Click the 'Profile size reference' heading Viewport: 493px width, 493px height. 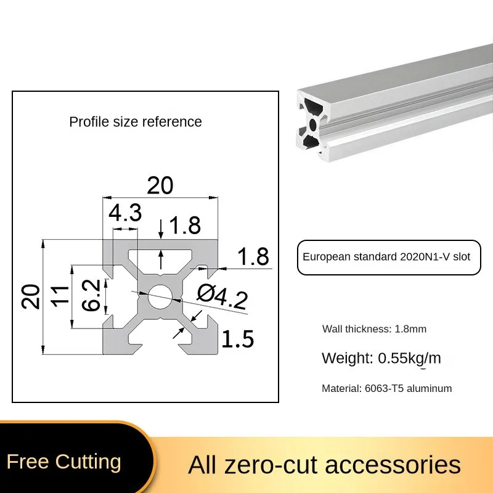point(136,121)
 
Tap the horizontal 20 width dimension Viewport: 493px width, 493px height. point(160,185)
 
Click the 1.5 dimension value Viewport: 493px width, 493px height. point(237,339)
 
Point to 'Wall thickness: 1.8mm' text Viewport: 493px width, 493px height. point(374,329)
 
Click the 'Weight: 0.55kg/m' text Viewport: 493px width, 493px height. point(381,358)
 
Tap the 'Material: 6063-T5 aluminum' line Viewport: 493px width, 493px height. point(387,388)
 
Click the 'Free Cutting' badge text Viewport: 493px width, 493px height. point(64,462)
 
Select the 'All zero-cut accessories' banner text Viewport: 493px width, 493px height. point(324,464)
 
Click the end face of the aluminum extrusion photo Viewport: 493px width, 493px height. point(314,123)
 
